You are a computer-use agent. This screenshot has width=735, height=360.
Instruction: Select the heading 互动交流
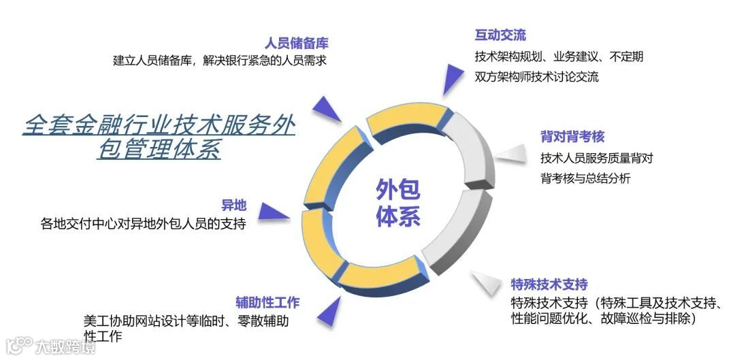click(500, 35)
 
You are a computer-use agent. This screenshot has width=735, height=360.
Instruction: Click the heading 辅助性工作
click(267, 303)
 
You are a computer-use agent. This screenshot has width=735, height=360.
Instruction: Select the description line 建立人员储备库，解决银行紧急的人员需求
click(220, 60)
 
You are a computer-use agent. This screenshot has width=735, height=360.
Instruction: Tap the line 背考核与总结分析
click(585, 178)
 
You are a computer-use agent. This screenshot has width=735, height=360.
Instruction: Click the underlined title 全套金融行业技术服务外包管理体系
click(159, 136)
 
